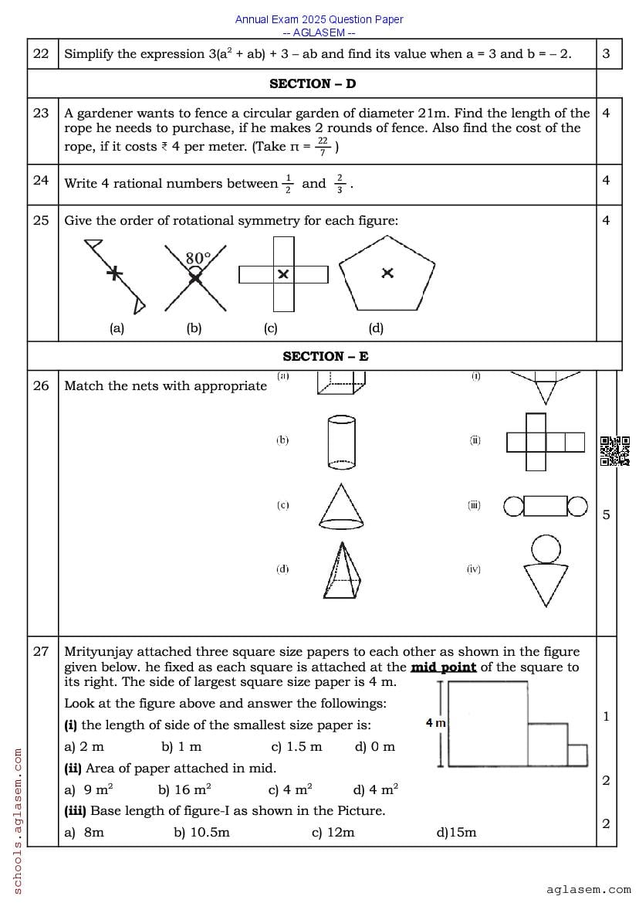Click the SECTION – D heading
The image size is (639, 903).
click(313, 83)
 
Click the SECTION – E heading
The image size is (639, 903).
click(325, 356)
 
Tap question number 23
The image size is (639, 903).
click(41, 113)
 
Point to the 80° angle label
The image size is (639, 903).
click(198, 258)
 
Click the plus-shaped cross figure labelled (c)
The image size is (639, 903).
click(283, 274)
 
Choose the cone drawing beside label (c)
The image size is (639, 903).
click(340, 504)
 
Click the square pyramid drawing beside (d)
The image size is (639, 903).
click(341, 569)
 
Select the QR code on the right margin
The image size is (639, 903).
click(614, 451)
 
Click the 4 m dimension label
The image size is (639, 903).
click(436, 723)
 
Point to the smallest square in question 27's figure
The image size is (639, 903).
click(577, 755)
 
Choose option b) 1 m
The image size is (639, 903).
click(181, 746)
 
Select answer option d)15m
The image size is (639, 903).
click(456, 832)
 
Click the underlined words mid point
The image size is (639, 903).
click(443, 667)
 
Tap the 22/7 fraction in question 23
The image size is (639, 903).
click(323, 146)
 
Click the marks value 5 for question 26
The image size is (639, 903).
click(606, 514)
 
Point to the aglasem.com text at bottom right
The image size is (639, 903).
click(588, 889)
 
